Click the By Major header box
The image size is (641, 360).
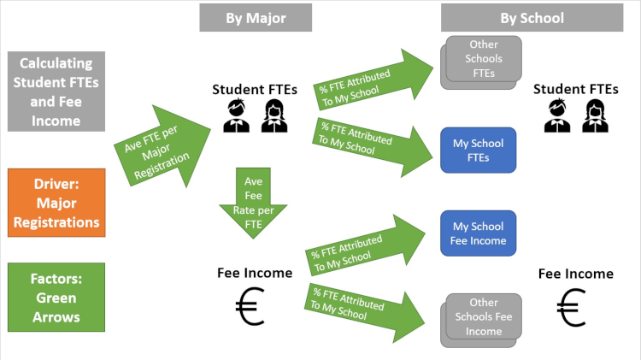256,18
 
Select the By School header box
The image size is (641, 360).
532,18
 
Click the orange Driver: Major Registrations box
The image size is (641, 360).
56,204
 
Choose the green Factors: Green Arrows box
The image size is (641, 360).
56,298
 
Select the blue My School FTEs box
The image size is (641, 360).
478,150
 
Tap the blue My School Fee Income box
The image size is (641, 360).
478,233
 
